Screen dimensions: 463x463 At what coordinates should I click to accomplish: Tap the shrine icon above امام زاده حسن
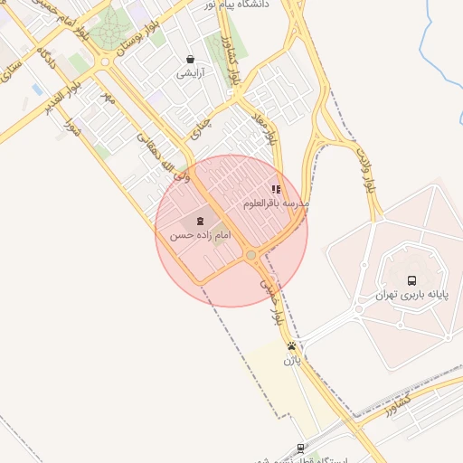click(x=201, y=222)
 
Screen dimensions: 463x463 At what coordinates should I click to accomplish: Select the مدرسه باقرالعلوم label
click(x=277, y=204)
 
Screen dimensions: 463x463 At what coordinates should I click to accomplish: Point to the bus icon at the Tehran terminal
click(x=412, y=281)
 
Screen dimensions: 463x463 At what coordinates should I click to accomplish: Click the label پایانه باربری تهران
click(x=412, y=296)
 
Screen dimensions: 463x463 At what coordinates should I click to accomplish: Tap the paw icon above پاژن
click(x=291, y=346)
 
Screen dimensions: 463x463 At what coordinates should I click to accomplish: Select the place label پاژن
click(x=291, y=360)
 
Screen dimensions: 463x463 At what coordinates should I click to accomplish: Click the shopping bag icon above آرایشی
click(x=189, y=59)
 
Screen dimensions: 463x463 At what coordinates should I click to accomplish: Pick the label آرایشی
click(x=189, y=72)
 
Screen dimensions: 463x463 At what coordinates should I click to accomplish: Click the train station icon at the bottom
click(x=300, y=448)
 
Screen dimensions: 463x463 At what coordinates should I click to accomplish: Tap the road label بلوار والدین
click(x=366, y=172)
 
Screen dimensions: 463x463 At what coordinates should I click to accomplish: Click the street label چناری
click(x=203, y=128)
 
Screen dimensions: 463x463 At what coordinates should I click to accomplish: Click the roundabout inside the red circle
click(x=250, y=257)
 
